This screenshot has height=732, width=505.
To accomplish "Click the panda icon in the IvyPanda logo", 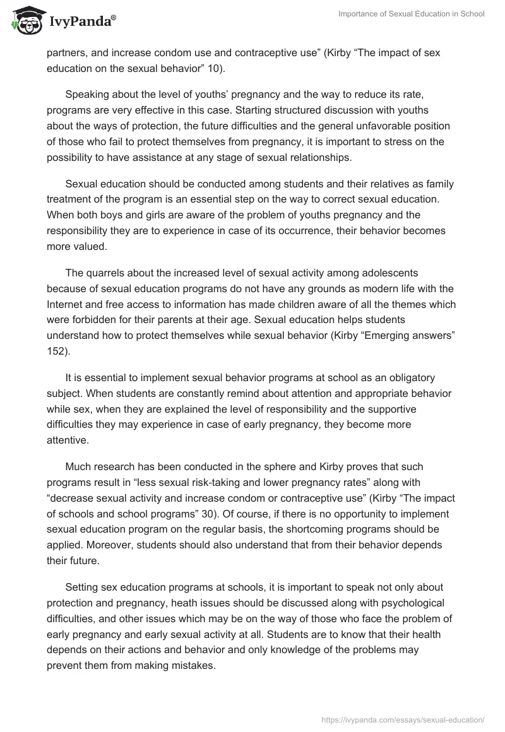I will pos(25,20).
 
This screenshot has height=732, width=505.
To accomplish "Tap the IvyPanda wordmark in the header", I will pos(82,21).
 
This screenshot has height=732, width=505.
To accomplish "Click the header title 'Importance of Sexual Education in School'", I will pos(401,14).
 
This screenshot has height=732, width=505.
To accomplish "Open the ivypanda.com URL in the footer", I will pos(403,719).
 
